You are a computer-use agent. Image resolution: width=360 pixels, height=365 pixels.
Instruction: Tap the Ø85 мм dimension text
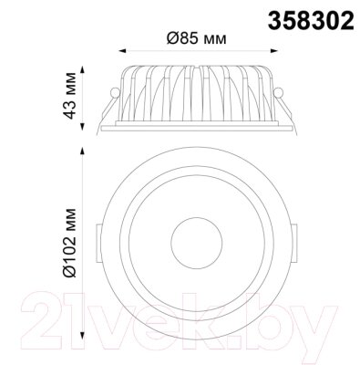[x=197, y=38]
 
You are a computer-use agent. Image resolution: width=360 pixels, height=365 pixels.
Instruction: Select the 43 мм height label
[x=70, y=96]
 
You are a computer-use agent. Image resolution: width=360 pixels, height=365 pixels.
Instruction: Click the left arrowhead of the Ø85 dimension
[x=122, y=51]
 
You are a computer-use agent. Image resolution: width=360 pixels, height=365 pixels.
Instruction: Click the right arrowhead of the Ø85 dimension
[x=274, y=51]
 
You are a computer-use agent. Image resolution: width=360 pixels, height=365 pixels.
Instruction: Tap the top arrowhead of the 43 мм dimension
[x=82, y=69]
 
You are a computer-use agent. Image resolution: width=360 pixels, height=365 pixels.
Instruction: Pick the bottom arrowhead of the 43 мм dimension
[x=82, y=126]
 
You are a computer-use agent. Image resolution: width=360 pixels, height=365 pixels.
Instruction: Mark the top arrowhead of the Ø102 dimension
[x=82, y=151]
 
